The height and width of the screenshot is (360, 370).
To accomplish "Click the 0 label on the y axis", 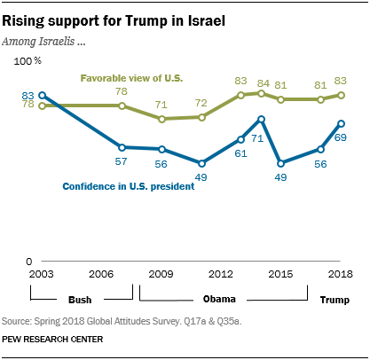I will point(29,261).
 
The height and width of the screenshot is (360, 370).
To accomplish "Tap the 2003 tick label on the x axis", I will point(40,273).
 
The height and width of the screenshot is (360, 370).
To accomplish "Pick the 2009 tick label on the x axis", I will point(162,273).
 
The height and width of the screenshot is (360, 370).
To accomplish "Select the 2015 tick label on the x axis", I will point(281,273).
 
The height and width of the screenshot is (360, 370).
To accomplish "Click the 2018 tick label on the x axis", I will point(341,273).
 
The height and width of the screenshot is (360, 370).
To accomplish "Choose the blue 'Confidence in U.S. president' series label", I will point(128,186).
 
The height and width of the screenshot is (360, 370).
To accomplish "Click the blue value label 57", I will point(122,161).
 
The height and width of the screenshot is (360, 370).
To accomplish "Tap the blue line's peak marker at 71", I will point(262,119).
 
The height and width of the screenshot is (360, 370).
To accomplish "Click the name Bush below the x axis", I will point(79,301).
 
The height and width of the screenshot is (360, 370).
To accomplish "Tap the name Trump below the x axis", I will point(334,301).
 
